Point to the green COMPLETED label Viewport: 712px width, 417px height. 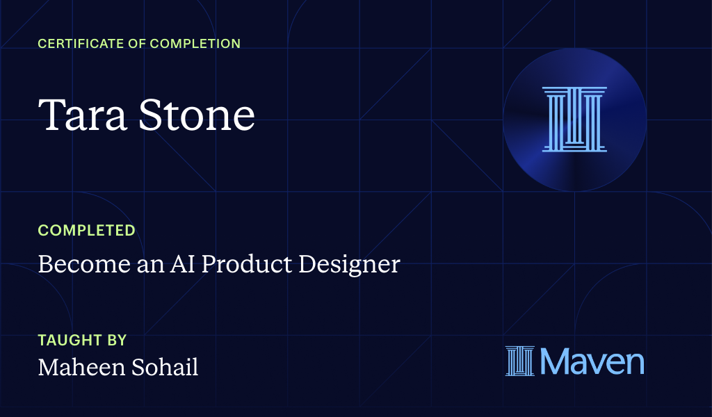coord(86,231)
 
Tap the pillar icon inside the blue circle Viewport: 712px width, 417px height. coord(574,120)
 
